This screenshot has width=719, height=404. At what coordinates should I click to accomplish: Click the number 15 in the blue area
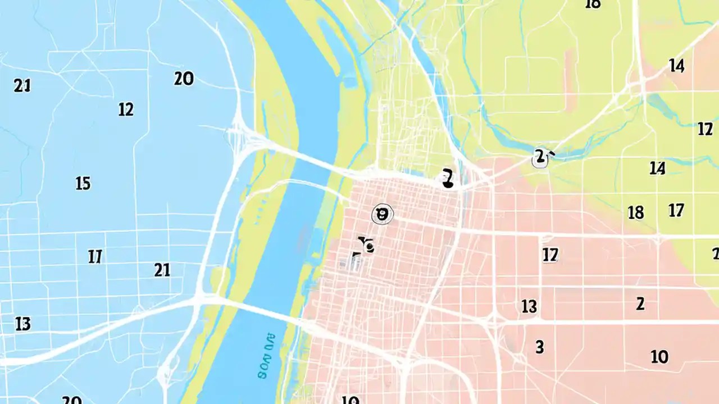tap(83, 183)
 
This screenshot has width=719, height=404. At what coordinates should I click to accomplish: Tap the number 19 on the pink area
tap(350, 400)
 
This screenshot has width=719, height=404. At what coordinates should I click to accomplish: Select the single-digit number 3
tap(539, 347)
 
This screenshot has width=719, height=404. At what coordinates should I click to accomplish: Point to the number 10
tap(659, 356)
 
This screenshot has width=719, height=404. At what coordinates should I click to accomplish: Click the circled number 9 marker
tap(383, 214)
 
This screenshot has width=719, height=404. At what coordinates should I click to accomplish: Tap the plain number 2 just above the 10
tap(640, 304)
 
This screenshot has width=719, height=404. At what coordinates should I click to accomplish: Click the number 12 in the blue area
tap(126, 109)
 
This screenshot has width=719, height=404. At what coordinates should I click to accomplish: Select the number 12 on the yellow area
tap(705, 129)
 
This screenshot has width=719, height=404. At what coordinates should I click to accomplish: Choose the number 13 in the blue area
tap(22, 324)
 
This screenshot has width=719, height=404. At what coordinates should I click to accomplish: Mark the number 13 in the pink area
tap(529, 306)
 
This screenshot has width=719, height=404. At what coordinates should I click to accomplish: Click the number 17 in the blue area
tap(95, 257)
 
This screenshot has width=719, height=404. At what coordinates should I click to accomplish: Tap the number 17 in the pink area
tap(550, 255)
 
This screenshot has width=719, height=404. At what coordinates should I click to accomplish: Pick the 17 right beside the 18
tap(676, 210)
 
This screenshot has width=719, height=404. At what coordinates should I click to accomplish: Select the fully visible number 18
tap(635, 213)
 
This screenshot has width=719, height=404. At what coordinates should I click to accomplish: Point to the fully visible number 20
tap(184, 79)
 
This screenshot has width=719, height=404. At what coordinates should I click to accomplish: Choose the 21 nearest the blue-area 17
tap(162, 270)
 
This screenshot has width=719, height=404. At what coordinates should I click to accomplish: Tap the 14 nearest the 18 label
tap(657, 168)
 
